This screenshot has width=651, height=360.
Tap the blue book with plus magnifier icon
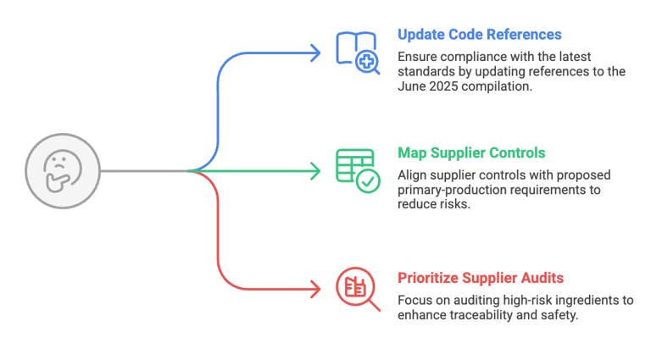[x=357, y=52]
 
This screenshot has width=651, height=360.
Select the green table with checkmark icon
[x=357, y=169]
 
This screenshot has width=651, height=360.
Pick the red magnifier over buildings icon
[x=357, y=288]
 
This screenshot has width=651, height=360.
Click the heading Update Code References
[x=479, y=35]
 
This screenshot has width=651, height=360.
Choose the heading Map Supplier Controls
[x=471, y=153]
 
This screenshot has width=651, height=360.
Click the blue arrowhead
[x=316, y=53]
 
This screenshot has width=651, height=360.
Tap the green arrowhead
[x=316, y=171]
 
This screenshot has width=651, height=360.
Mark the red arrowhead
[x=316, y=289]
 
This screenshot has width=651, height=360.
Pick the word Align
[x=412, y=175]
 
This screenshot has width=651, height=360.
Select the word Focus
[x=415, y=301]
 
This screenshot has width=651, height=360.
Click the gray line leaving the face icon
[x=140, y=171]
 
